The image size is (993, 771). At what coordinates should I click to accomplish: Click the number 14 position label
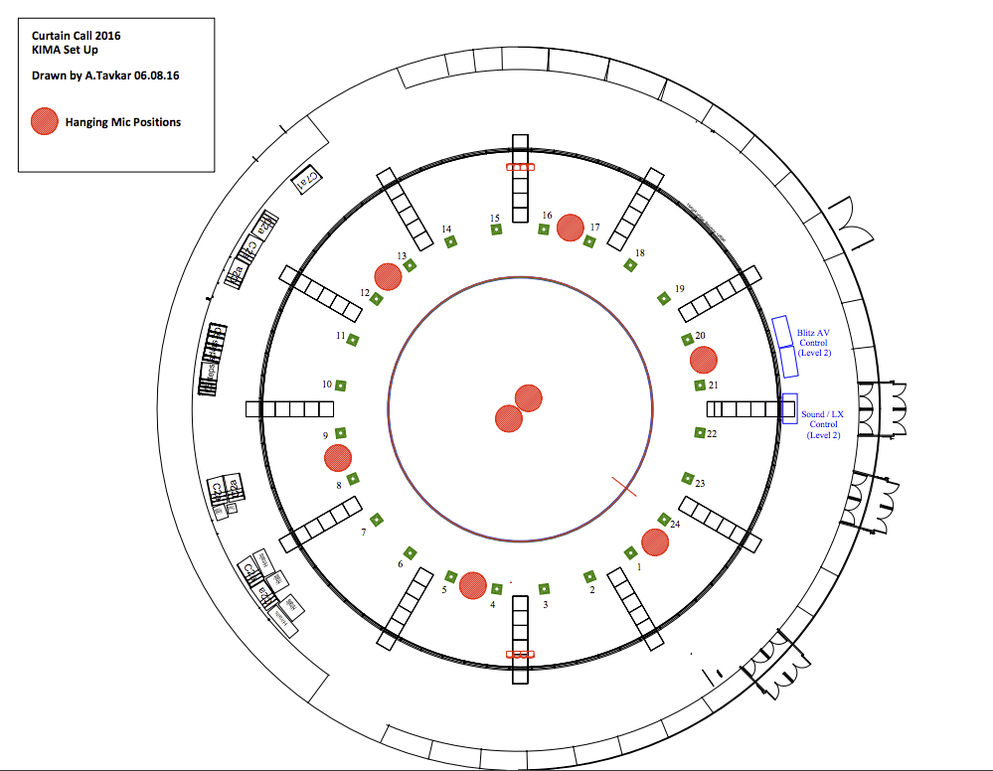tap(446, 230)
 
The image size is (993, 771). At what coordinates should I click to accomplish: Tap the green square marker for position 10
tap(340, 385)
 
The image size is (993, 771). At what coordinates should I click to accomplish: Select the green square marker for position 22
tap(700, 432)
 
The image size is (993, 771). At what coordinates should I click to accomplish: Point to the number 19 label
tap(680, 289)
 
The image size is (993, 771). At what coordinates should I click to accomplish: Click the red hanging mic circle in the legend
tap(45, 121)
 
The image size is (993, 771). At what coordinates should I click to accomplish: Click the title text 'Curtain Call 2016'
tap(77, 36)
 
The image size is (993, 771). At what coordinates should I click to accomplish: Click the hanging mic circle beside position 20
tap(704, 359)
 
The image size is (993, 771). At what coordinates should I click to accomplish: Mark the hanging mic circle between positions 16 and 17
tap(570, 228)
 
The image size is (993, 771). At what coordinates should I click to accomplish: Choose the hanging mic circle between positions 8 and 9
tap(338, 458)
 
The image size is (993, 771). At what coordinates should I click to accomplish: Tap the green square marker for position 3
tap(543, 589)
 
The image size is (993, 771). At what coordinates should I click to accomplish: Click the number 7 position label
tap(364, 533)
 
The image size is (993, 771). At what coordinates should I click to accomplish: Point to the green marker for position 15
tap(496, 231)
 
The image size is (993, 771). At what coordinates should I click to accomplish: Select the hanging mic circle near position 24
tap(654, 542)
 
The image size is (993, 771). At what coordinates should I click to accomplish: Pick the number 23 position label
tap(700, 484)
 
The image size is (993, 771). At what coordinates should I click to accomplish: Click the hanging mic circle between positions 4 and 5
tap(472, 585)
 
